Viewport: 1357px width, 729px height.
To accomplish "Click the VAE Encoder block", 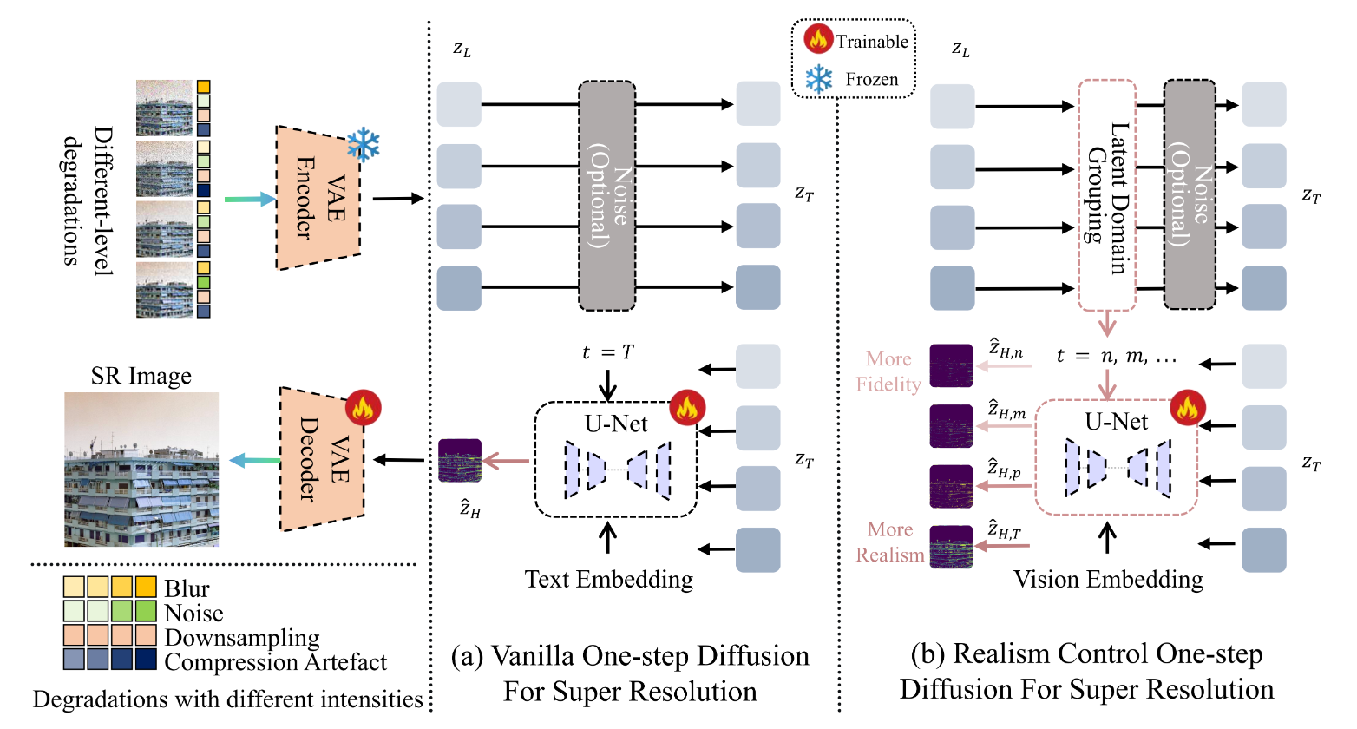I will [318, 198].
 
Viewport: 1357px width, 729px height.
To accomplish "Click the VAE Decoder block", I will [322, 459].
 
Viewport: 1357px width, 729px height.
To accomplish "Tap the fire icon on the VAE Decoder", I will [363, 407].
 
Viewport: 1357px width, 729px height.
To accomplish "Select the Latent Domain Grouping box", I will [1107, 196].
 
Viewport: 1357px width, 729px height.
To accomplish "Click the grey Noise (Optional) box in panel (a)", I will [607, 196].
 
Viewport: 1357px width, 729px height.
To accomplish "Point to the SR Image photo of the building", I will [141, 469].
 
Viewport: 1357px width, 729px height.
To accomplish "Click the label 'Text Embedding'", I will [608, 580].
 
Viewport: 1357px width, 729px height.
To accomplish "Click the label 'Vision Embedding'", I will [1108, 580].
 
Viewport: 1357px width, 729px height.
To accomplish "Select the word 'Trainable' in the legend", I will [871, 42].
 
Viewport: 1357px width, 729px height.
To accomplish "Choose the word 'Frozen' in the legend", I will [871, 80].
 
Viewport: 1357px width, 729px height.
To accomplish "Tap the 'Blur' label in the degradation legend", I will [187, 589].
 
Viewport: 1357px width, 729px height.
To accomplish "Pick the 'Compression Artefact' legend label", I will [275, 663].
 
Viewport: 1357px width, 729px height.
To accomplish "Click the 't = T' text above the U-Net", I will [607, 352].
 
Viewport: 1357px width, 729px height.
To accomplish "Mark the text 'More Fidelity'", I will [888, 371].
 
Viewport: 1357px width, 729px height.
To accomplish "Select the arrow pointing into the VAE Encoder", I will [249, 200].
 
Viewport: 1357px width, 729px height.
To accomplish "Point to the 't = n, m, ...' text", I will [1116, 356].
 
